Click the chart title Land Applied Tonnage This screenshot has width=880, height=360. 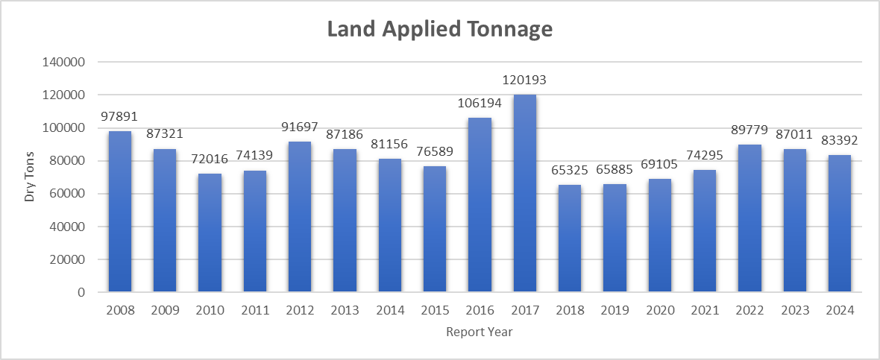(x=440, y=29)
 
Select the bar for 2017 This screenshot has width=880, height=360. (x=524, y=193)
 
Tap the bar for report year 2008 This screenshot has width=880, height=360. (x=120, y=212)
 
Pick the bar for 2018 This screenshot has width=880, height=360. (x=569, y=239)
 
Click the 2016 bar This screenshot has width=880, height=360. (x=480, y=205)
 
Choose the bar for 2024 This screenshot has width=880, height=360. (x=839, y=224)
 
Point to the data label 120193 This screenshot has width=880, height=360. (x=524, y=80)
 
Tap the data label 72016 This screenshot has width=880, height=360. (x=210, y=160)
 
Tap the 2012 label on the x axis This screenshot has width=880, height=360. (x=300, y=310)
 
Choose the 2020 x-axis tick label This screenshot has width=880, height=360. (x=659, y=310)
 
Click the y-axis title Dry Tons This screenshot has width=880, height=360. (x=30, y=177)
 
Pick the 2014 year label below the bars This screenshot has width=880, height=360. (x=389, y=310)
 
